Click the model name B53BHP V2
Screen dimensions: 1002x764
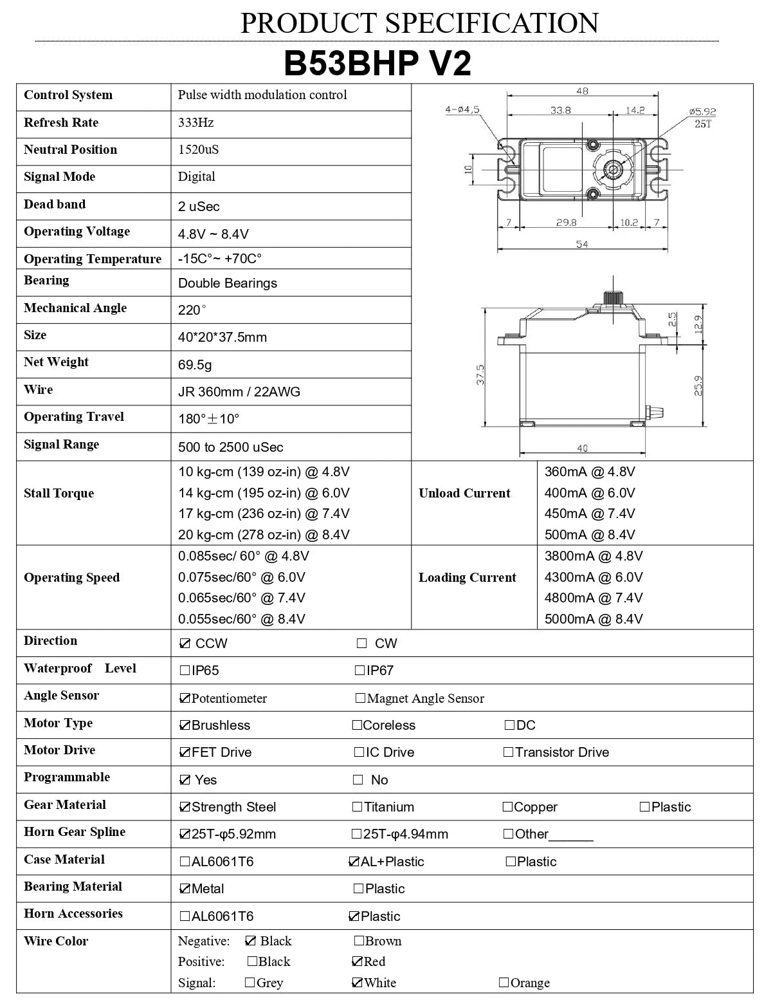pos(377,64)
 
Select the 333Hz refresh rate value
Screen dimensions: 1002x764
pos(196,122)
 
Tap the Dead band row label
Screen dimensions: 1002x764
pos(55,204)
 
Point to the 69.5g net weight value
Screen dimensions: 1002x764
pos(195,365)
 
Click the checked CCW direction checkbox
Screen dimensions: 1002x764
pos(185,644)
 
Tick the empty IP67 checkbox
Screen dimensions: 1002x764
pos(360,671)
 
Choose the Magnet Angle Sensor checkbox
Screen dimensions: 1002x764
pos(360,698)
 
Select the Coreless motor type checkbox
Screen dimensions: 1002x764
pos(357,725)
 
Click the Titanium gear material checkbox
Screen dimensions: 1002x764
pos(357,807)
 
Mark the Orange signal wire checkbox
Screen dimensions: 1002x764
pos(504,983)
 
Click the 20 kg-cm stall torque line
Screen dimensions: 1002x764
pos(264,535)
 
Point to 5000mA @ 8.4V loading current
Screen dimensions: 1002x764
pos(594,619)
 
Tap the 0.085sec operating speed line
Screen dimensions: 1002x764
pos(243,556)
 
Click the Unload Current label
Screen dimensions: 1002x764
pos(464,494)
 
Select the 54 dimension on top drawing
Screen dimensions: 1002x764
pos(581,245)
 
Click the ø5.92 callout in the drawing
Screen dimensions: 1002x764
pos(702,111)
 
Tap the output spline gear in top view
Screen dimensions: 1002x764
pos(612,169)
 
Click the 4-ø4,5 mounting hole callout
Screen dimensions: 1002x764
pos(462,109)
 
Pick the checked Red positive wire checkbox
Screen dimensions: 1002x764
pos(357,962)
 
